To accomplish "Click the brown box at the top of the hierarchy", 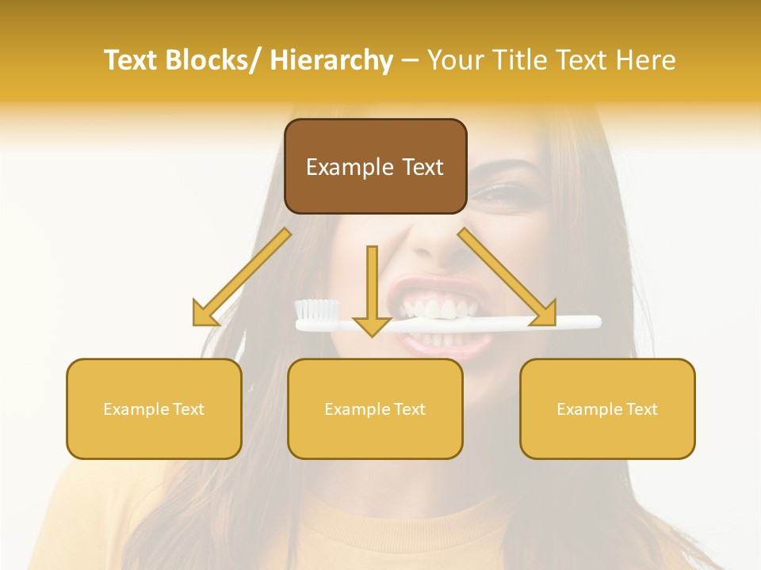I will (x=375, y=166).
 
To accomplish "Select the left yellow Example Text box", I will (x=154, y=408).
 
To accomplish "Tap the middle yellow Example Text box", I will (x=375, y=408).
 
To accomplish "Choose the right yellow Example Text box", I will (x=607, y=408).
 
